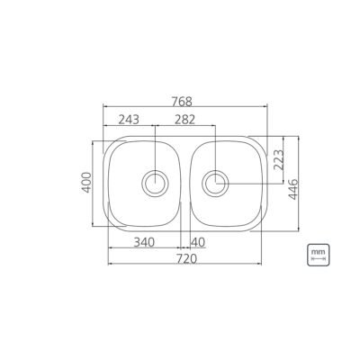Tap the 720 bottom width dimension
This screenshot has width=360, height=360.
[x=185, y=257]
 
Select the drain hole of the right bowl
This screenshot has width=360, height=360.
[x=215, y=184]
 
